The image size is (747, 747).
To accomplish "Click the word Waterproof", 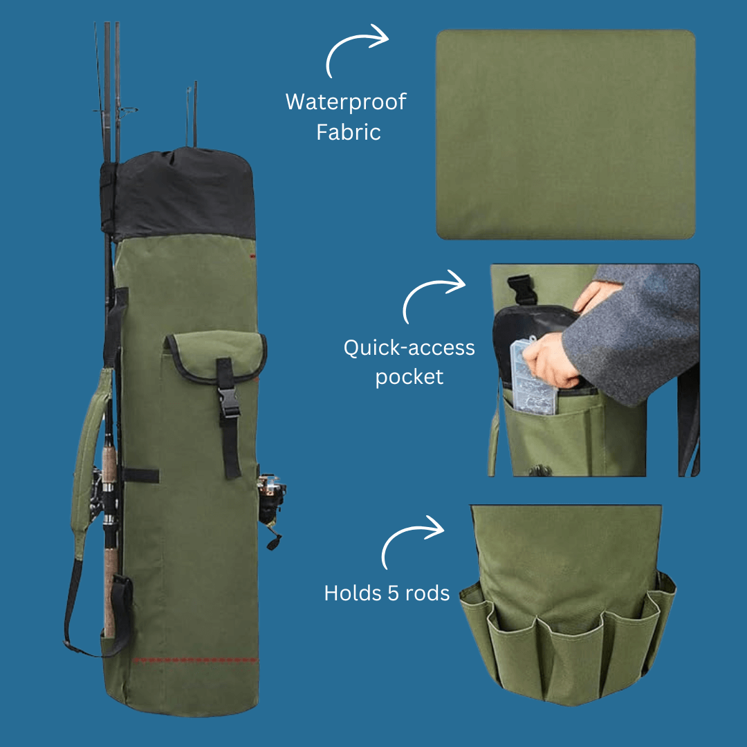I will point(346,102).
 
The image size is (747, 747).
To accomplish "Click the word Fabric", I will point(349,132).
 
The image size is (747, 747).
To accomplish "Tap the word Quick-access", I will point(409,347).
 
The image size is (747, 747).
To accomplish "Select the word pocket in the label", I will point(409,377).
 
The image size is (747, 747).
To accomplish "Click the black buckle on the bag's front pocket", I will point(228,401).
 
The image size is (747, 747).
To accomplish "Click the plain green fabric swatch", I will point(565,135).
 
